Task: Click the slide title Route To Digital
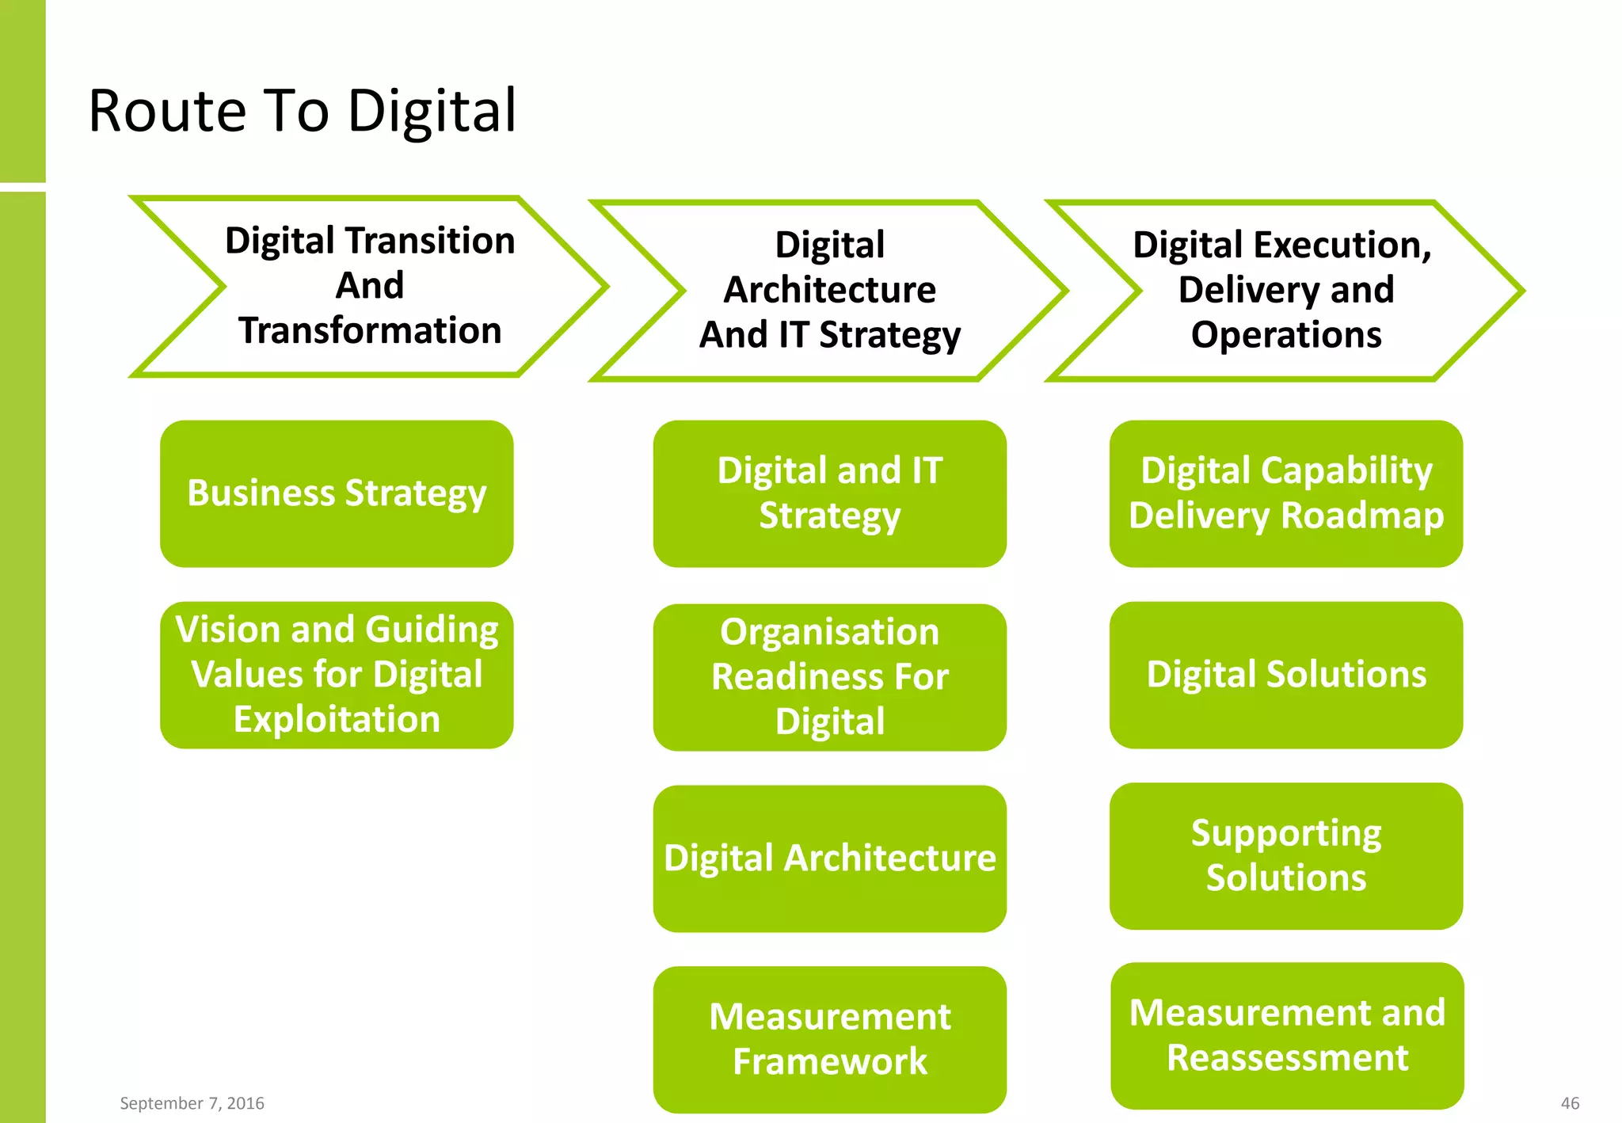coord(302,111)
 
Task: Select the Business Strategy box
coord(337,493)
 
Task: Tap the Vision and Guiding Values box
coord(337,675)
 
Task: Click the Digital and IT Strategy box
coord(829,493)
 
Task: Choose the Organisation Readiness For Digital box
coord(829,677)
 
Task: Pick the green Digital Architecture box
coord(829,858)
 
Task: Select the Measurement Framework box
coord(829,1039)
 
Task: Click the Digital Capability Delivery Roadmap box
coord(1285,493)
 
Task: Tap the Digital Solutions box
coord(1285,675)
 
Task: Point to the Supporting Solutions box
coord(1285,856)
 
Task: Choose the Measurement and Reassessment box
coord(1287,1036)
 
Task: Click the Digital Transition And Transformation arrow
coord(370,286)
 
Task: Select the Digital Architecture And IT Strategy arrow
coord(829,291)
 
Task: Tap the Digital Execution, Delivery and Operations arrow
coord(1285,291)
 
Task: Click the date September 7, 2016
coord(192,1103)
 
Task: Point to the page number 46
coord(1570,1103)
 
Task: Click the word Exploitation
coord(337,720)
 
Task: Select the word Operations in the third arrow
coord(1285,335)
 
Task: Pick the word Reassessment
coord(1287,1058)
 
